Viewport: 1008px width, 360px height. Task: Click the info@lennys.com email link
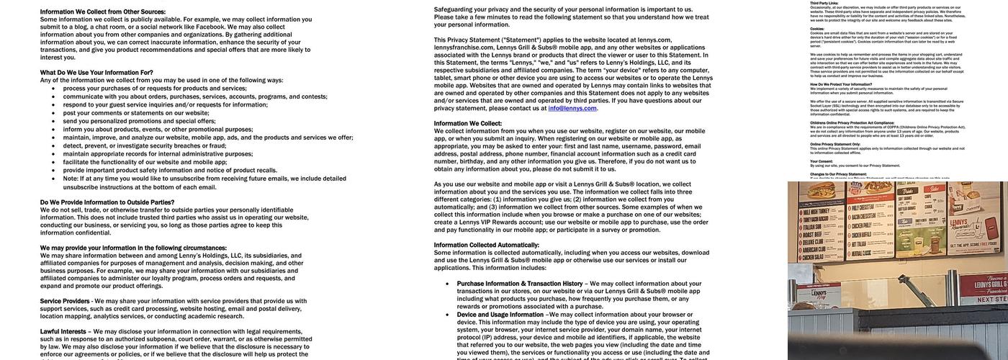click(572, 109)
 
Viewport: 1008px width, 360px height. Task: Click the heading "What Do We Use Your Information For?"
click(96, 73)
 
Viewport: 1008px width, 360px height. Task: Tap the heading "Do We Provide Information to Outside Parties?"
click(107, 202)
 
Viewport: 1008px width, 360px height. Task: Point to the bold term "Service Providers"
click(65, 301)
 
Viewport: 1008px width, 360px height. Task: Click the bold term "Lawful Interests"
click(63, 331)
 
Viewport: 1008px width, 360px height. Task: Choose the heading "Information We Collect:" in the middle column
click(468, 124)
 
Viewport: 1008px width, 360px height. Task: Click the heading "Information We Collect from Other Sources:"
click(103, 12)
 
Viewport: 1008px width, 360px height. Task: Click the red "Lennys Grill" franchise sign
click(984, 282)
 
